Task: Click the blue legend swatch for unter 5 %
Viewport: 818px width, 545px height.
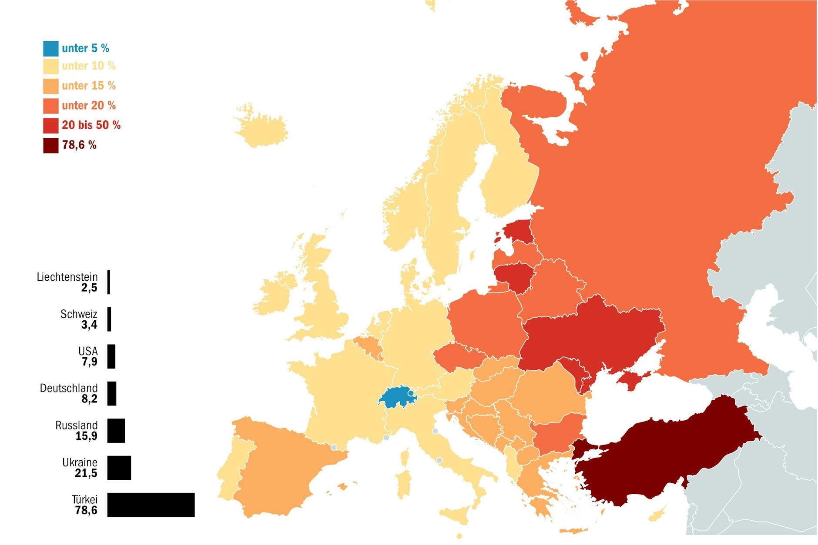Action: point(50,49)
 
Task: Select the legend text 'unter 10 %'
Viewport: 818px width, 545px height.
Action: point(89,66)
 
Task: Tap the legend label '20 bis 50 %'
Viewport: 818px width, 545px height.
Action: point(91,125)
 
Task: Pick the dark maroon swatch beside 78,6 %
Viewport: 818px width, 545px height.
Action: point(50,146)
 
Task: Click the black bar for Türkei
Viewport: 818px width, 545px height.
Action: point(151,505)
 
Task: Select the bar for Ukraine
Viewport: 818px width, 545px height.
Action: point(119,468)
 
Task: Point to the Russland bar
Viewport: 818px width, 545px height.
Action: point(116,431)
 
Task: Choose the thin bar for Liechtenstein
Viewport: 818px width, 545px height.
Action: point(109,282)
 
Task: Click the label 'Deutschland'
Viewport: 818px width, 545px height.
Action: point(69,388)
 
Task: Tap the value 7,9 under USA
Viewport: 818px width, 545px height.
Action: point(90,362)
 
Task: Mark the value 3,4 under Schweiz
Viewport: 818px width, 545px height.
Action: point(89,325)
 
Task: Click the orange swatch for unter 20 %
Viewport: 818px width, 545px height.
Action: point(50,106)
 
